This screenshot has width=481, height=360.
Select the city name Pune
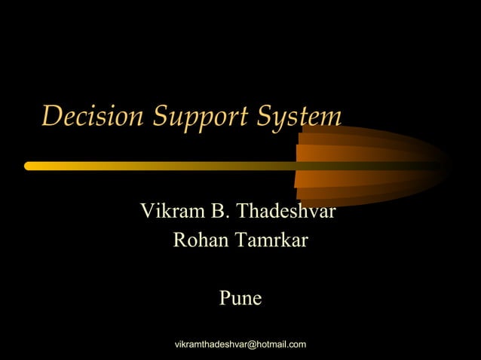pos(240,299)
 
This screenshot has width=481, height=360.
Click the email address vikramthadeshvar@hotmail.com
pos(240,345)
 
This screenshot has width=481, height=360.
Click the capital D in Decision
pos(51,117)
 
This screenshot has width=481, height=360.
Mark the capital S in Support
pos(161,117)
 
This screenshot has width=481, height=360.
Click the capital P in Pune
pos(225,299)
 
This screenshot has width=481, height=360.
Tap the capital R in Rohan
pos(180,241)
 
